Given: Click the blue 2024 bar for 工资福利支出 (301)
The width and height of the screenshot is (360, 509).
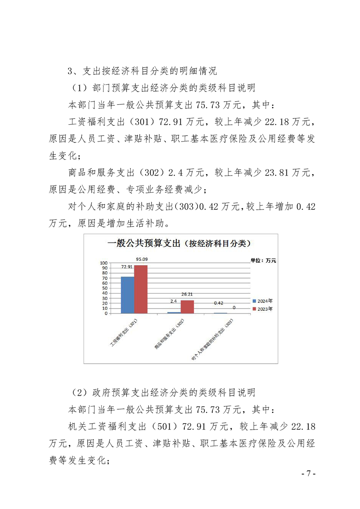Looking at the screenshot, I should (x=127, y=295).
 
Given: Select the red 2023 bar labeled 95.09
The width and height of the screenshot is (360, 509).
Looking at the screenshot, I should (x=141, y=289).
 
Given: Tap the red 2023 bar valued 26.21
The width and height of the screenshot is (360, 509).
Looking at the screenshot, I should (x=187, y=307).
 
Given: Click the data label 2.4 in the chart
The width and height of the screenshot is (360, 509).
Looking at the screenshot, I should (x=173, y=301).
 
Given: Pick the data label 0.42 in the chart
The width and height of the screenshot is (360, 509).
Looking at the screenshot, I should (x=219, y=303).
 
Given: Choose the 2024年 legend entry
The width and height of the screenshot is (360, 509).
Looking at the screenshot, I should (x=264, y=301).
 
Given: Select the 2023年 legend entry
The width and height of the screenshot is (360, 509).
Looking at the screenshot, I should (x=264, y=308).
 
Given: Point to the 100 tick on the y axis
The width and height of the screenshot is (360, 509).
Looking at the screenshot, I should (x=104, y=263).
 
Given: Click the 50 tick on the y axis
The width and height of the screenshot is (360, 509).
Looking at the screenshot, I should (x=105, y=288).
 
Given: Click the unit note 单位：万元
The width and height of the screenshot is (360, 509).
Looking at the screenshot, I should (x=263, y=260).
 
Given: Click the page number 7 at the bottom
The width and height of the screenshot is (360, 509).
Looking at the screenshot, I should (x=308, y=473).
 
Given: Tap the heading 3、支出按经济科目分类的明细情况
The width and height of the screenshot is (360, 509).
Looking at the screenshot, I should (x=142, y=71).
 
